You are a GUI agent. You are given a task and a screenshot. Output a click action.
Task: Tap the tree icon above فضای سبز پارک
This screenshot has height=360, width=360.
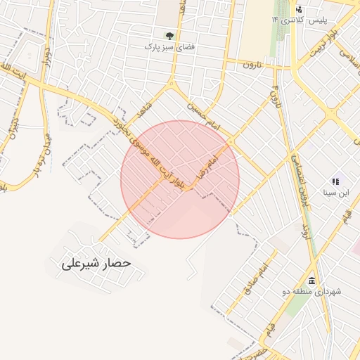169,34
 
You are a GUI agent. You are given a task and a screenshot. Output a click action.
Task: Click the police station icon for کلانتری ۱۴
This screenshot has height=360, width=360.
300,9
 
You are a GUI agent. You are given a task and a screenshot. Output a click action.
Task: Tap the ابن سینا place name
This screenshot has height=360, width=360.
335,192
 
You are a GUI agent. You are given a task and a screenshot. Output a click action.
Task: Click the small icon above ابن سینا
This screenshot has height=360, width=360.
335,181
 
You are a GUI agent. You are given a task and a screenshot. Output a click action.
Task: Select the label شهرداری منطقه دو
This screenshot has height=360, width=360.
310,291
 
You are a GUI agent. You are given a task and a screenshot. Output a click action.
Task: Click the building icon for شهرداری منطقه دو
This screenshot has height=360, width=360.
311,281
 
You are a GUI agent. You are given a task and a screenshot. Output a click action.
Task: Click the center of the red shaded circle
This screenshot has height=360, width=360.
180,179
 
